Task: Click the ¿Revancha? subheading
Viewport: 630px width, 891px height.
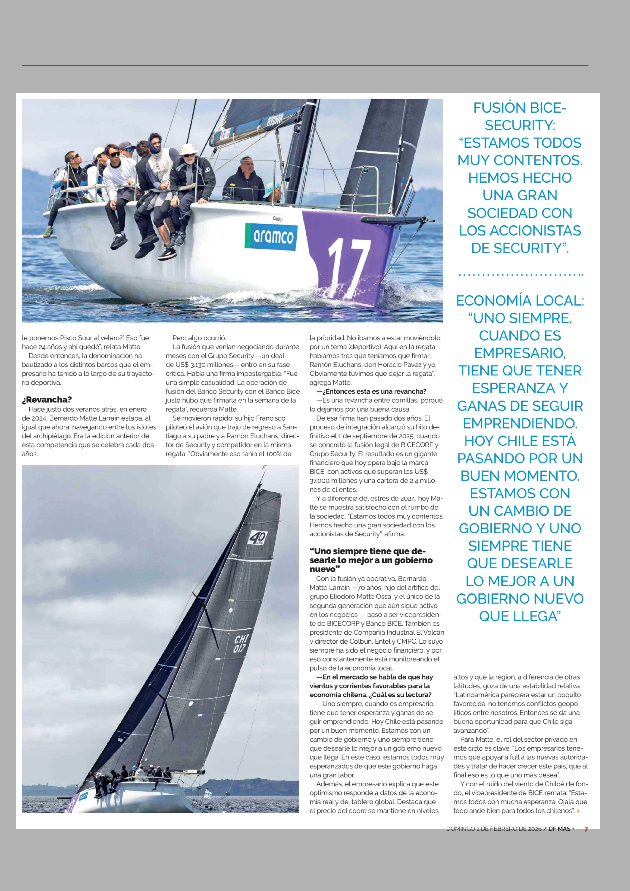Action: [x=47, y=399]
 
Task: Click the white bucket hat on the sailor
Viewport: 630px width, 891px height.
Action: [x=188, y=149]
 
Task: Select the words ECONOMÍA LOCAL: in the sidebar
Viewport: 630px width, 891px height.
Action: [x=520, y=300]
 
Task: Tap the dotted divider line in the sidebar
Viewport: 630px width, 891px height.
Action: [x=520, y=275]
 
